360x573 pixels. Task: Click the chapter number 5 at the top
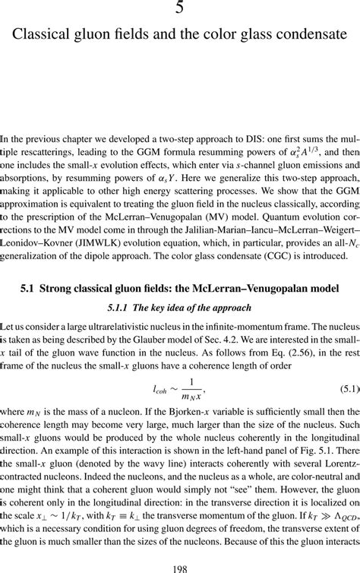coord(180,9)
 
